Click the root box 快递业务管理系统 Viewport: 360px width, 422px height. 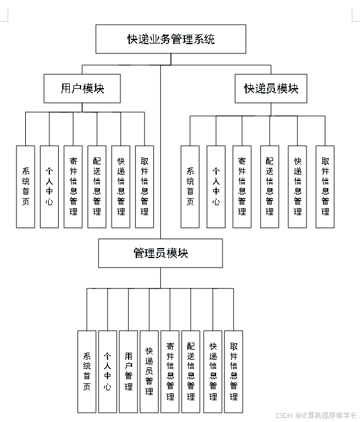171,39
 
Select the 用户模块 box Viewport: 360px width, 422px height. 82,89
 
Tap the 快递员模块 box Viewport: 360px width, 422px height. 271,89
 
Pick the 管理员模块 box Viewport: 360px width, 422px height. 160,253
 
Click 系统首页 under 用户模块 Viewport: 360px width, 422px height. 26,186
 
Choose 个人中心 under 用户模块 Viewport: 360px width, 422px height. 49,186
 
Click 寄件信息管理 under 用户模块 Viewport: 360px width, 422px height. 73,186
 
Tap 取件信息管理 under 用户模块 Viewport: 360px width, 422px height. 144,186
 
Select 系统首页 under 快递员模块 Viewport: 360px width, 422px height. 190,186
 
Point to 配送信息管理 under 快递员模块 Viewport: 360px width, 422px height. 270,186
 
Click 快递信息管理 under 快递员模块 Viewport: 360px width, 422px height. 297,186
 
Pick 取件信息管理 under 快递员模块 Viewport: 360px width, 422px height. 325,186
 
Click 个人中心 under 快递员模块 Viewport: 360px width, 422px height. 216,186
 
